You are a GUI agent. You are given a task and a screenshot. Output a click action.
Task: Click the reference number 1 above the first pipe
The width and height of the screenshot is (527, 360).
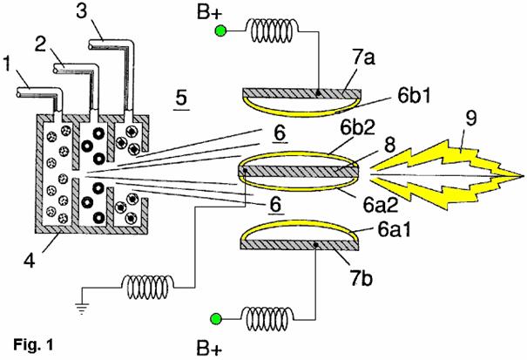pos(10,64)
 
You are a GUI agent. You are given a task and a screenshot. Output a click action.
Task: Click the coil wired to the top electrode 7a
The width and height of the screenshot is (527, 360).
pos(274,32)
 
